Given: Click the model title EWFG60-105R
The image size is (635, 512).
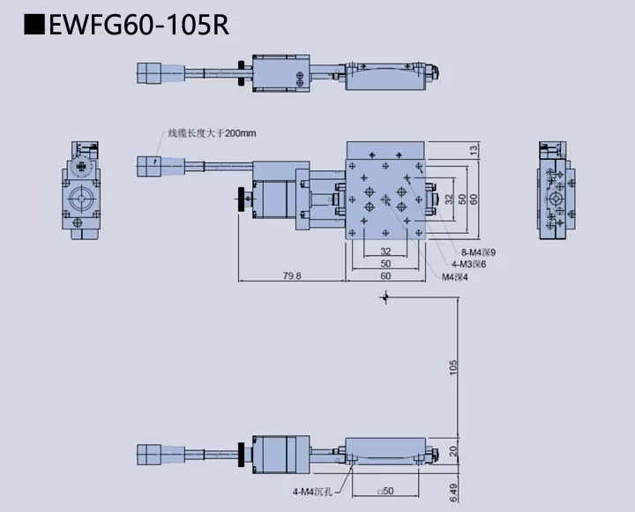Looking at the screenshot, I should [139, 23].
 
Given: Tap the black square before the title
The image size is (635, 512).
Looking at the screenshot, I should [34, 24].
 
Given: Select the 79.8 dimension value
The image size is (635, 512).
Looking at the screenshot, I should [291, 275].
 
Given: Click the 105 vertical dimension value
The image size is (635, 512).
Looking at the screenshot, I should [453, 366].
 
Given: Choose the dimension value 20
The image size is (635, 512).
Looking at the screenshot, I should [453, 450].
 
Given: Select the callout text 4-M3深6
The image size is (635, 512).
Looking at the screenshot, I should [468, 264].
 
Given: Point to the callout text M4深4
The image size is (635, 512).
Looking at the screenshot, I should [455, 276].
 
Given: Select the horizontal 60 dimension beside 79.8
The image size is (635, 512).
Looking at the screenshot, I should [385, 275].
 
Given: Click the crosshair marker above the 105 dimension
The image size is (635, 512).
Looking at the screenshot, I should [383, 298].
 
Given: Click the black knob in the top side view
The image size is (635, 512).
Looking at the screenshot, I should [239, 71].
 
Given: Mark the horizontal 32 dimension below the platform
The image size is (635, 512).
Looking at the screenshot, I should [385, 251].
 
